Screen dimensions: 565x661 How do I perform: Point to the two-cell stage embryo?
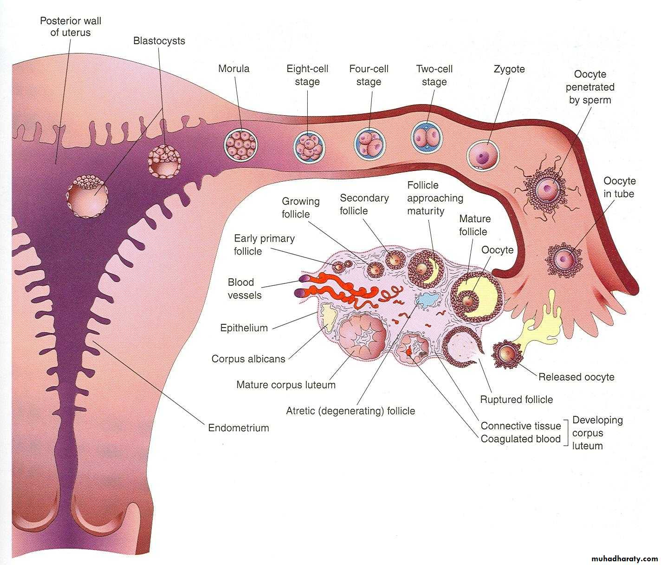coord(427,137)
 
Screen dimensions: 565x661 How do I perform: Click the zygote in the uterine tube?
coord(483,155)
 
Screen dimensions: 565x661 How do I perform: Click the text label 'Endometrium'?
coord(239,428)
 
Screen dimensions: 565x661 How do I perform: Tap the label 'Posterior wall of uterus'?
coord(71,27)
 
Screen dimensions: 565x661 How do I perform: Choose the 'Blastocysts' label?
coord(159,41)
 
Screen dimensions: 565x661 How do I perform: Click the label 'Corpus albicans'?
coord(248,359)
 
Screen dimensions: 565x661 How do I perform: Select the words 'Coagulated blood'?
coord(520,439)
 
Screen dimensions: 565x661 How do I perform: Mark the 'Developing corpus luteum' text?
coord(597,433)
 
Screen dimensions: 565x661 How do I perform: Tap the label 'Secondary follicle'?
coord(364,204)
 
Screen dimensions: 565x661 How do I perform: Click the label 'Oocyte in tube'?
coord(619,187)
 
